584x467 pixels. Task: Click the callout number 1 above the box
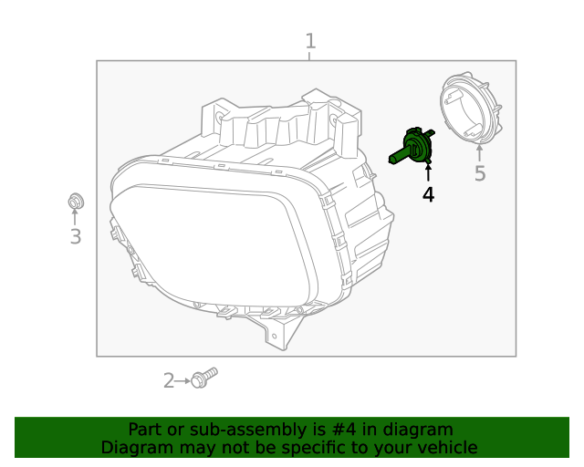(310, 41)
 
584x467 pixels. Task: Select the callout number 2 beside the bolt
(168, 380)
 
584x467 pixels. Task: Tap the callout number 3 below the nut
(75, 237)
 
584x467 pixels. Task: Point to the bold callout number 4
(427, 194)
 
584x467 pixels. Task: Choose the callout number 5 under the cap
(479, 173)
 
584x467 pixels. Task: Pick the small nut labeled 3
(75, 201)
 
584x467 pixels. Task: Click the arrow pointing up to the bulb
(427, 173)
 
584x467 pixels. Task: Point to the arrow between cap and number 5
(479, 152)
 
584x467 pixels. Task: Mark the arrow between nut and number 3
(75, 217)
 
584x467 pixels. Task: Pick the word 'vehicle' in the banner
(446, 447)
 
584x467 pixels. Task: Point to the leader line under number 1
(310, 56)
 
